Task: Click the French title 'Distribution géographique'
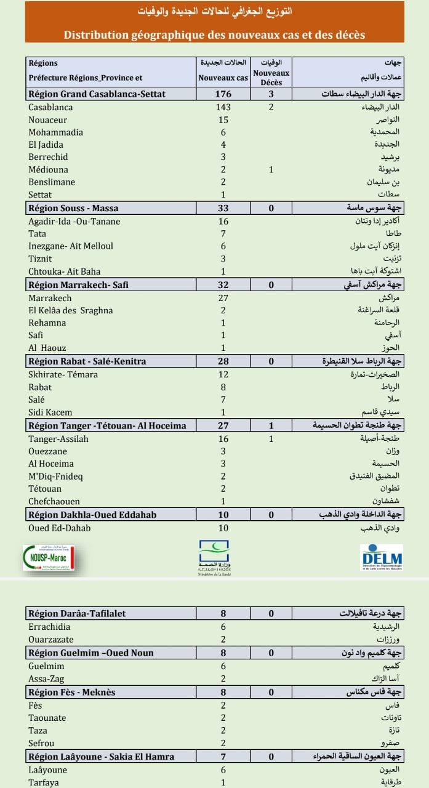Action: (214, 35)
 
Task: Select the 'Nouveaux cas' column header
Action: (223, 78)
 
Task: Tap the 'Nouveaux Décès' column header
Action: (271, 78)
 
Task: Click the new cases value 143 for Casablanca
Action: (223, 107)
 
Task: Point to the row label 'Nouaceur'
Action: (48, 120)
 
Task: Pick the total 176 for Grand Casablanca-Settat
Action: (223, 94)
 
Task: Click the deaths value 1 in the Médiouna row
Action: (271, 169)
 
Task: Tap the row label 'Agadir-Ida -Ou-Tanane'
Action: (74, 221)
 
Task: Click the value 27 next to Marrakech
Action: (223, 298)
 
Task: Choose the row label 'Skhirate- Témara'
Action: (63, 374)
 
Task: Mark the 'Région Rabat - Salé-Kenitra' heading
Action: (87, 361)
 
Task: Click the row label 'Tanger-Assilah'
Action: (58, 439)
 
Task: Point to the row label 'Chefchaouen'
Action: (54, 501)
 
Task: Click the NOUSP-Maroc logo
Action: (49, 558)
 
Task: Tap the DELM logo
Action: (382, 557)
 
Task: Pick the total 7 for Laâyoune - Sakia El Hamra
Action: (223, 757)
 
